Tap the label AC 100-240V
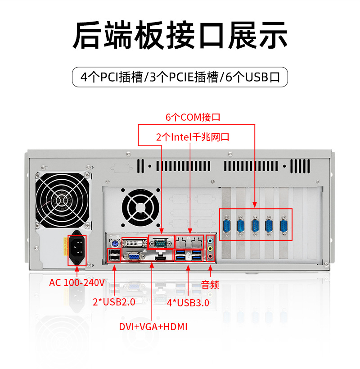[x=76, y=282]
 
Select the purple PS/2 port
[x=113, y=243]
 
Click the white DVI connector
[x=133, y=243]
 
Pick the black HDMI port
[x=160, y=256]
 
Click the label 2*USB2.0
[x=114, y=302]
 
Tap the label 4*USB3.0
[x=188, y=303]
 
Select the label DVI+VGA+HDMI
[x=153, y=327]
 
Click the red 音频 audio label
[x=210, y=284]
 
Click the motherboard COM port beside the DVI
[x=161, y=242]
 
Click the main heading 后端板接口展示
[x=180, y=35]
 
